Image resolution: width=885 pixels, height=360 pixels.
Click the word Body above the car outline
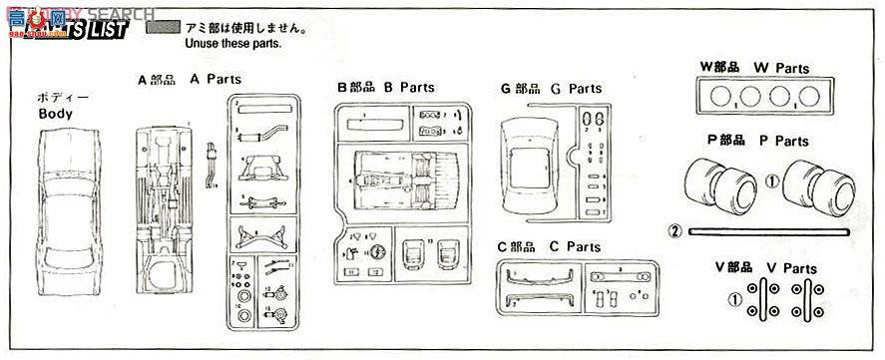coord(56,114)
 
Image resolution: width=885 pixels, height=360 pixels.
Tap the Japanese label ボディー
coord(58,98)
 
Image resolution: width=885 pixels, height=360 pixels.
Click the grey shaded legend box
coord(162,29)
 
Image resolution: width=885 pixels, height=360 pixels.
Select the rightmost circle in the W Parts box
coord(809,98)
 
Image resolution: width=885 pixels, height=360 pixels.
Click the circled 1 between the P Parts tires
coord(770,182)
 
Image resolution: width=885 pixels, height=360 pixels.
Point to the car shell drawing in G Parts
coord(530,169)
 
